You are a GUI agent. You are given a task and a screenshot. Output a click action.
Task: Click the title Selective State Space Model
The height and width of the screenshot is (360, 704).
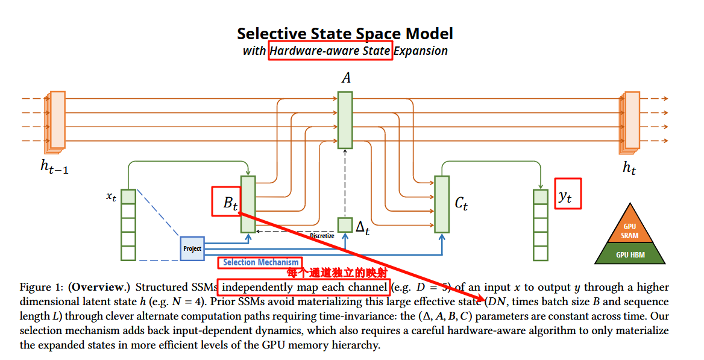(345, 33)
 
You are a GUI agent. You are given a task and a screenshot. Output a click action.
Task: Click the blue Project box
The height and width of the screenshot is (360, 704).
(192, 248)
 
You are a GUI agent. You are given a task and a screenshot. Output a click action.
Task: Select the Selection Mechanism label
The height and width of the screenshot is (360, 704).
(260, 262)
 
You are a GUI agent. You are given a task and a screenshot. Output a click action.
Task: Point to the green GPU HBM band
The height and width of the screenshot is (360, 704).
(630, 255)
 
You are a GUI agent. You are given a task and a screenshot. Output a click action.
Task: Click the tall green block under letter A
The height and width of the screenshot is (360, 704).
(345, 119)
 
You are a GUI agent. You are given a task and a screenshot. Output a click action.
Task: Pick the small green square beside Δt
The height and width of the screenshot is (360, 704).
(345, 225)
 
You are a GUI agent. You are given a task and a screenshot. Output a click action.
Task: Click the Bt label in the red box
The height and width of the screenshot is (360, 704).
(231, 202)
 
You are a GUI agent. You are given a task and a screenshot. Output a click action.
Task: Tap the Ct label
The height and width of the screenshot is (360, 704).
(461, 203)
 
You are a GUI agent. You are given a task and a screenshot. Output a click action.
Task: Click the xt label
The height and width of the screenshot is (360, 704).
(111, 197)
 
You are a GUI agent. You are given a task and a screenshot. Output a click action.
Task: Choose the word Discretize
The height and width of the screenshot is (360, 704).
(322, 236)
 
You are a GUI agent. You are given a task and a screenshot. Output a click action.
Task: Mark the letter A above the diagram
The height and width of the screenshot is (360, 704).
(346, 78)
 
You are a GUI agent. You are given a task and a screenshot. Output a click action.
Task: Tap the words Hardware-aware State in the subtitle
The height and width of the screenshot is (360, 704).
(330, 51)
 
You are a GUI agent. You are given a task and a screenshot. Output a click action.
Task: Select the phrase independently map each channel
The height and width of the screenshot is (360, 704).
(303, 287)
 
